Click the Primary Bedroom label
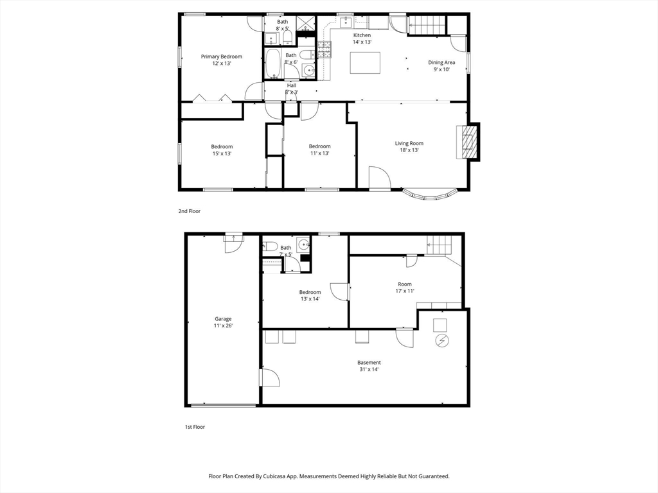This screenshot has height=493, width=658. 222,56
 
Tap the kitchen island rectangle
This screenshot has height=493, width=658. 365,62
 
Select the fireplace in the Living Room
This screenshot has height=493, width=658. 468,142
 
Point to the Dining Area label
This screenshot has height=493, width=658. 441,62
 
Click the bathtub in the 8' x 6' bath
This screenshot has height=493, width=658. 274,64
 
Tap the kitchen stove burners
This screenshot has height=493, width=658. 325,49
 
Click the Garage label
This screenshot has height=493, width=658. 223,319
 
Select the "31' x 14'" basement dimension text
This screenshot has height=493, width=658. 369,369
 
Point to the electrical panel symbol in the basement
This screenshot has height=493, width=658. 441,342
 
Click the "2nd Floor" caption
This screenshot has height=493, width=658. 190,211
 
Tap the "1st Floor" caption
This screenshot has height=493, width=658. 195,427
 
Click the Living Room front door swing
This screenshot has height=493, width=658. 380,178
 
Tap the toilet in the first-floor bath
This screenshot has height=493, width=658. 270,246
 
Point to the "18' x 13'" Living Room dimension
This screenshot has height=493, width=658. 409,150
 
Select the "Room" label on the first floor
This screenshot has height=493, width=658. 405,284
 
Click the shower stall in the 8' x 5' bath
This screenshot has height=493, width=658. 307,24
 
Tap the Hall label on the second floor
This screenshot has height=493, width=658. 292,85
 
